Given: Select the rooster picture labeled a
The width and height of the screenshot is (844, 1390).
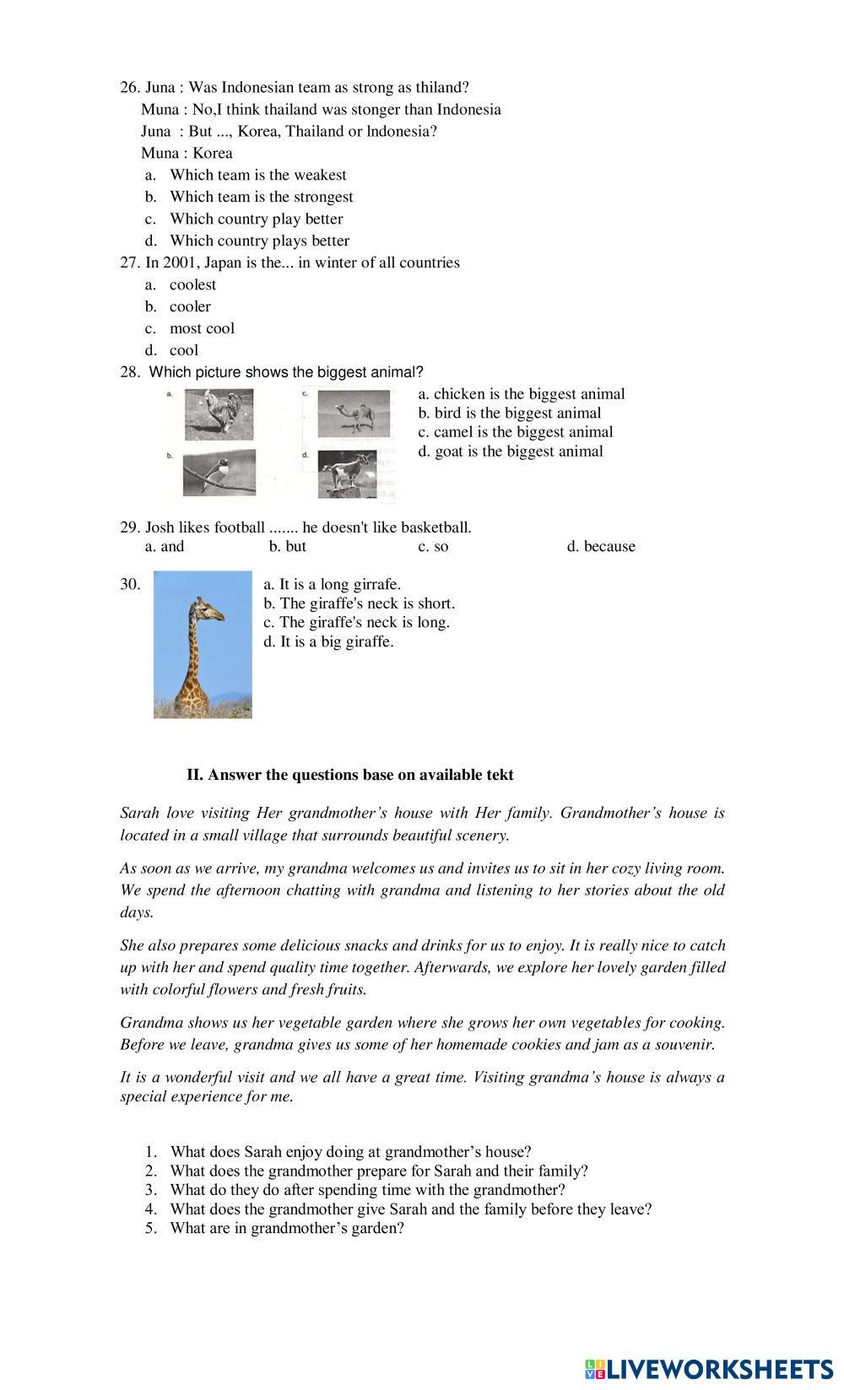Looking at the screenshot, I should click(219, 414).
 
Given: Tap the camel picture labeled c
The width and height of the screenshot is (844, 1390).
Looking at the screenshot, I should click(354, 414).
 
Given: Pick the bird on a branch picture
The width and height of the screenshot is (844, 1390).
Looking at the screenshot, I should click(219, 472).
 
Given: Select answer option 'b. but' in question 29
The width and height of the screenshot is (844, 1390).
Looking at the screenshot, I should click(288, 546).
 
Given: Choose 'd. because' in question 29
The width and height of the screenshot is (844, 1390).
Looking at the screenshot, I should click(601, 546).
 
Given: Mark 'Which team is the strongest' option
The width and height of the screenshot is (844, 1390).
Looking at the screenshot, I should click(261, 197).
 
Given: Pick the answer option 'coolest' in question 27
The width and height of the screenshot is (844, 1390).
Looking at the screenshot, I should click(192, 284).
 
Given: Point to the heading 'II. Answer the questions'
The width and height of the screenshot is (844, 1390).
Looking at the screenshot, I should click(349, 774).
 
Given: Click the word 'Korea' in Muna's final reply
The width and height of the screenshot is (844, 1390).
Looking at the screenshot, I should click(213, 153).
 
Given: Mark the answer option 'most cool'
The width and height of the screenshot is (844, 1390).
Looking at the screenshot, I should click(202, 328).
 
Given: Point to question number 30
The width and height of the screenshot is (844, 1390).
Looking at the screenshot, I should click(130, 584).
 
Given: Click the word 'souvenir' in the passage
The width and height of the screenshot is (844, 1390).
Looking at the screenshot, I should click(685, 1044).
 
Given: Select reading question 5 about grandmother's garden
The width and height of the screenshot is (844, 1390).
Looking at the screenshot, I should click(287, 1228).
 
